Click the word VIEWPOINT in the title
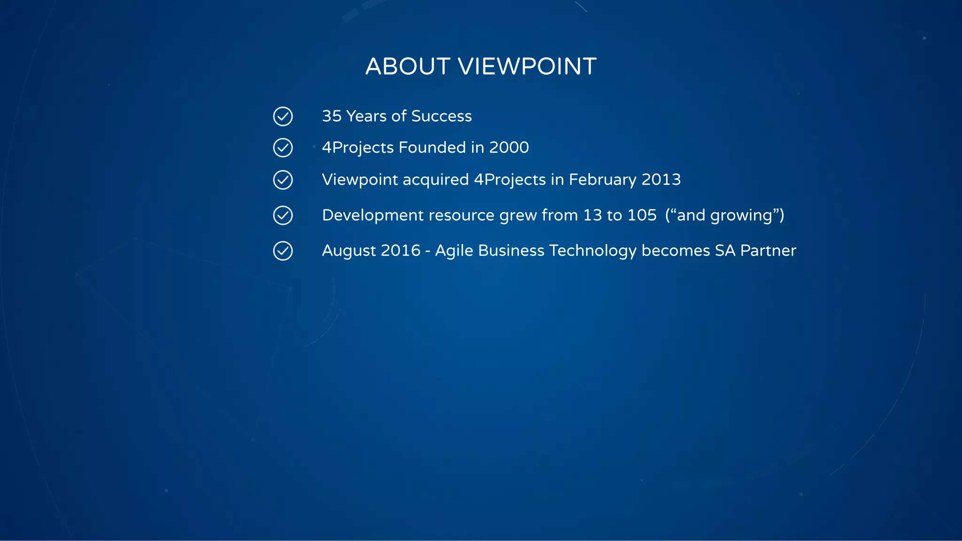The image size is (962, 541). tap(527, 66)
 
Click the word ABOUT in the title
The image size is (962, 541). tap(408, 66)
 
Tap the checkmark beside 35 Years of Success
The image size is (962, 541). tap(283, 116)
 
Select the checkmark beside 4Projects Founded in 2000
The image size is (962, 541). tap(283, 148)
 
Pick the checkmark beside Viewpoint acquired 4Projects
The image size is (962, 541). tap(283, 180)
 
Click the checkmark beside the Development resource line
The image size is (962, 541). tap(283, 216)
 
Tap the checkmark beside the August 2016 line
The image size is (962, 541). tap(283, 251)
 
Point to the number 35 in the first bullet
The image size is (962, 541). tap(332, 116)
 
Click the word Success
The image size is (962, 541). tap(442, 116)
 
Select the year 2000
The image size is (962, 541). tap(509, 147)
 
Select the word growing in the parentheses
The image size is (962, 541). tap(741, 216)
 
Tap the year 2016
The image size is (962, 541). tap(400, 251)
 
